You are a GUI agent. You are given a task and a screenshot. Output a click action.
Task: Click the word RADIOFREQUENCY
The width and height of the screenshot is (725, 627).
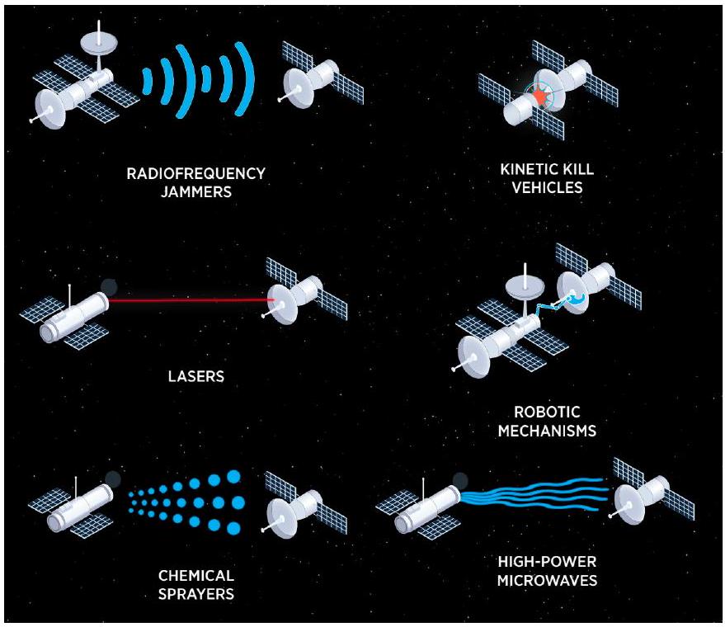pos(195,174)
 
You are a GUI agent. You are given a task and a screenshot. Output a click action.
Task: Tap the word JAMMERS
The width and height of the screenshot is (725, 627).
pos(195,192)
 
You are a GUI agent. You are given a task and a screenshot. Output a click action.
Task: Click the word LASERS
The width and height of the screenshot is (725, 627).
pos(196,377)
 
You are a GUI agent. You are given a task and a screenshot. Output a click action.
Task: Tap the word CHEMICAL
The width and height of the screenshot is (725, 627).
pos(195,575)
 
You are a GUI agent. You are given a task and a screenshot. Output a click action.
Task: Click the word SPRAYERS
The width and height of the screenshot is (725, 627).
pos(195,594)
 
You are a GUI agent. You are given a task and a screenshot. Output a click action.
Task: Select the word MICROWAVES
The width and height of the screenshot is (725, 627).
pos(547,580)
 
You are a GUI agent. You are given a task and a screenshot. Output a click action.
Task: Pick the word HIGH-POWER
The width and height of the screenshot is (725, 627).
pos(547,562)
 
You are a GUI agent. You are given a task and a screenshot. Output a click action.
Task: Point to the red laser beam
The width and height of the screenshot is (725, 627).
pos(190,300)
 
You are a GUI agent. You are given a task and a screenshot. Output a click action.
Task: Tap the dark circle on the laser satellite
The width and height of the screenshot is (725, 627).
pos(109,286)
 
